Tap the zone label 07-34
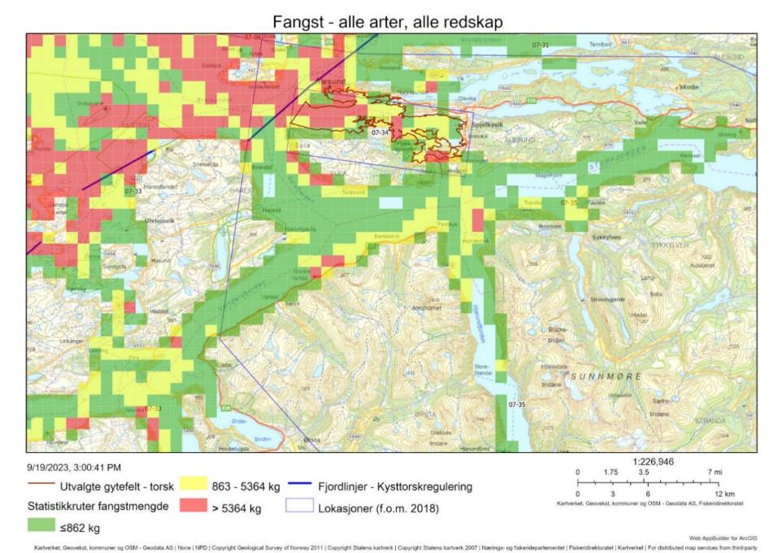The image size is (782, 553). pos(380,132)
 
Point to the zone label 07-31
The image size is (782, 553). pos(541,44)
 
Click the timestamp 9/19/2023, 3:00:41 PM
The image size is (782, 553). pos(74,467)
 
